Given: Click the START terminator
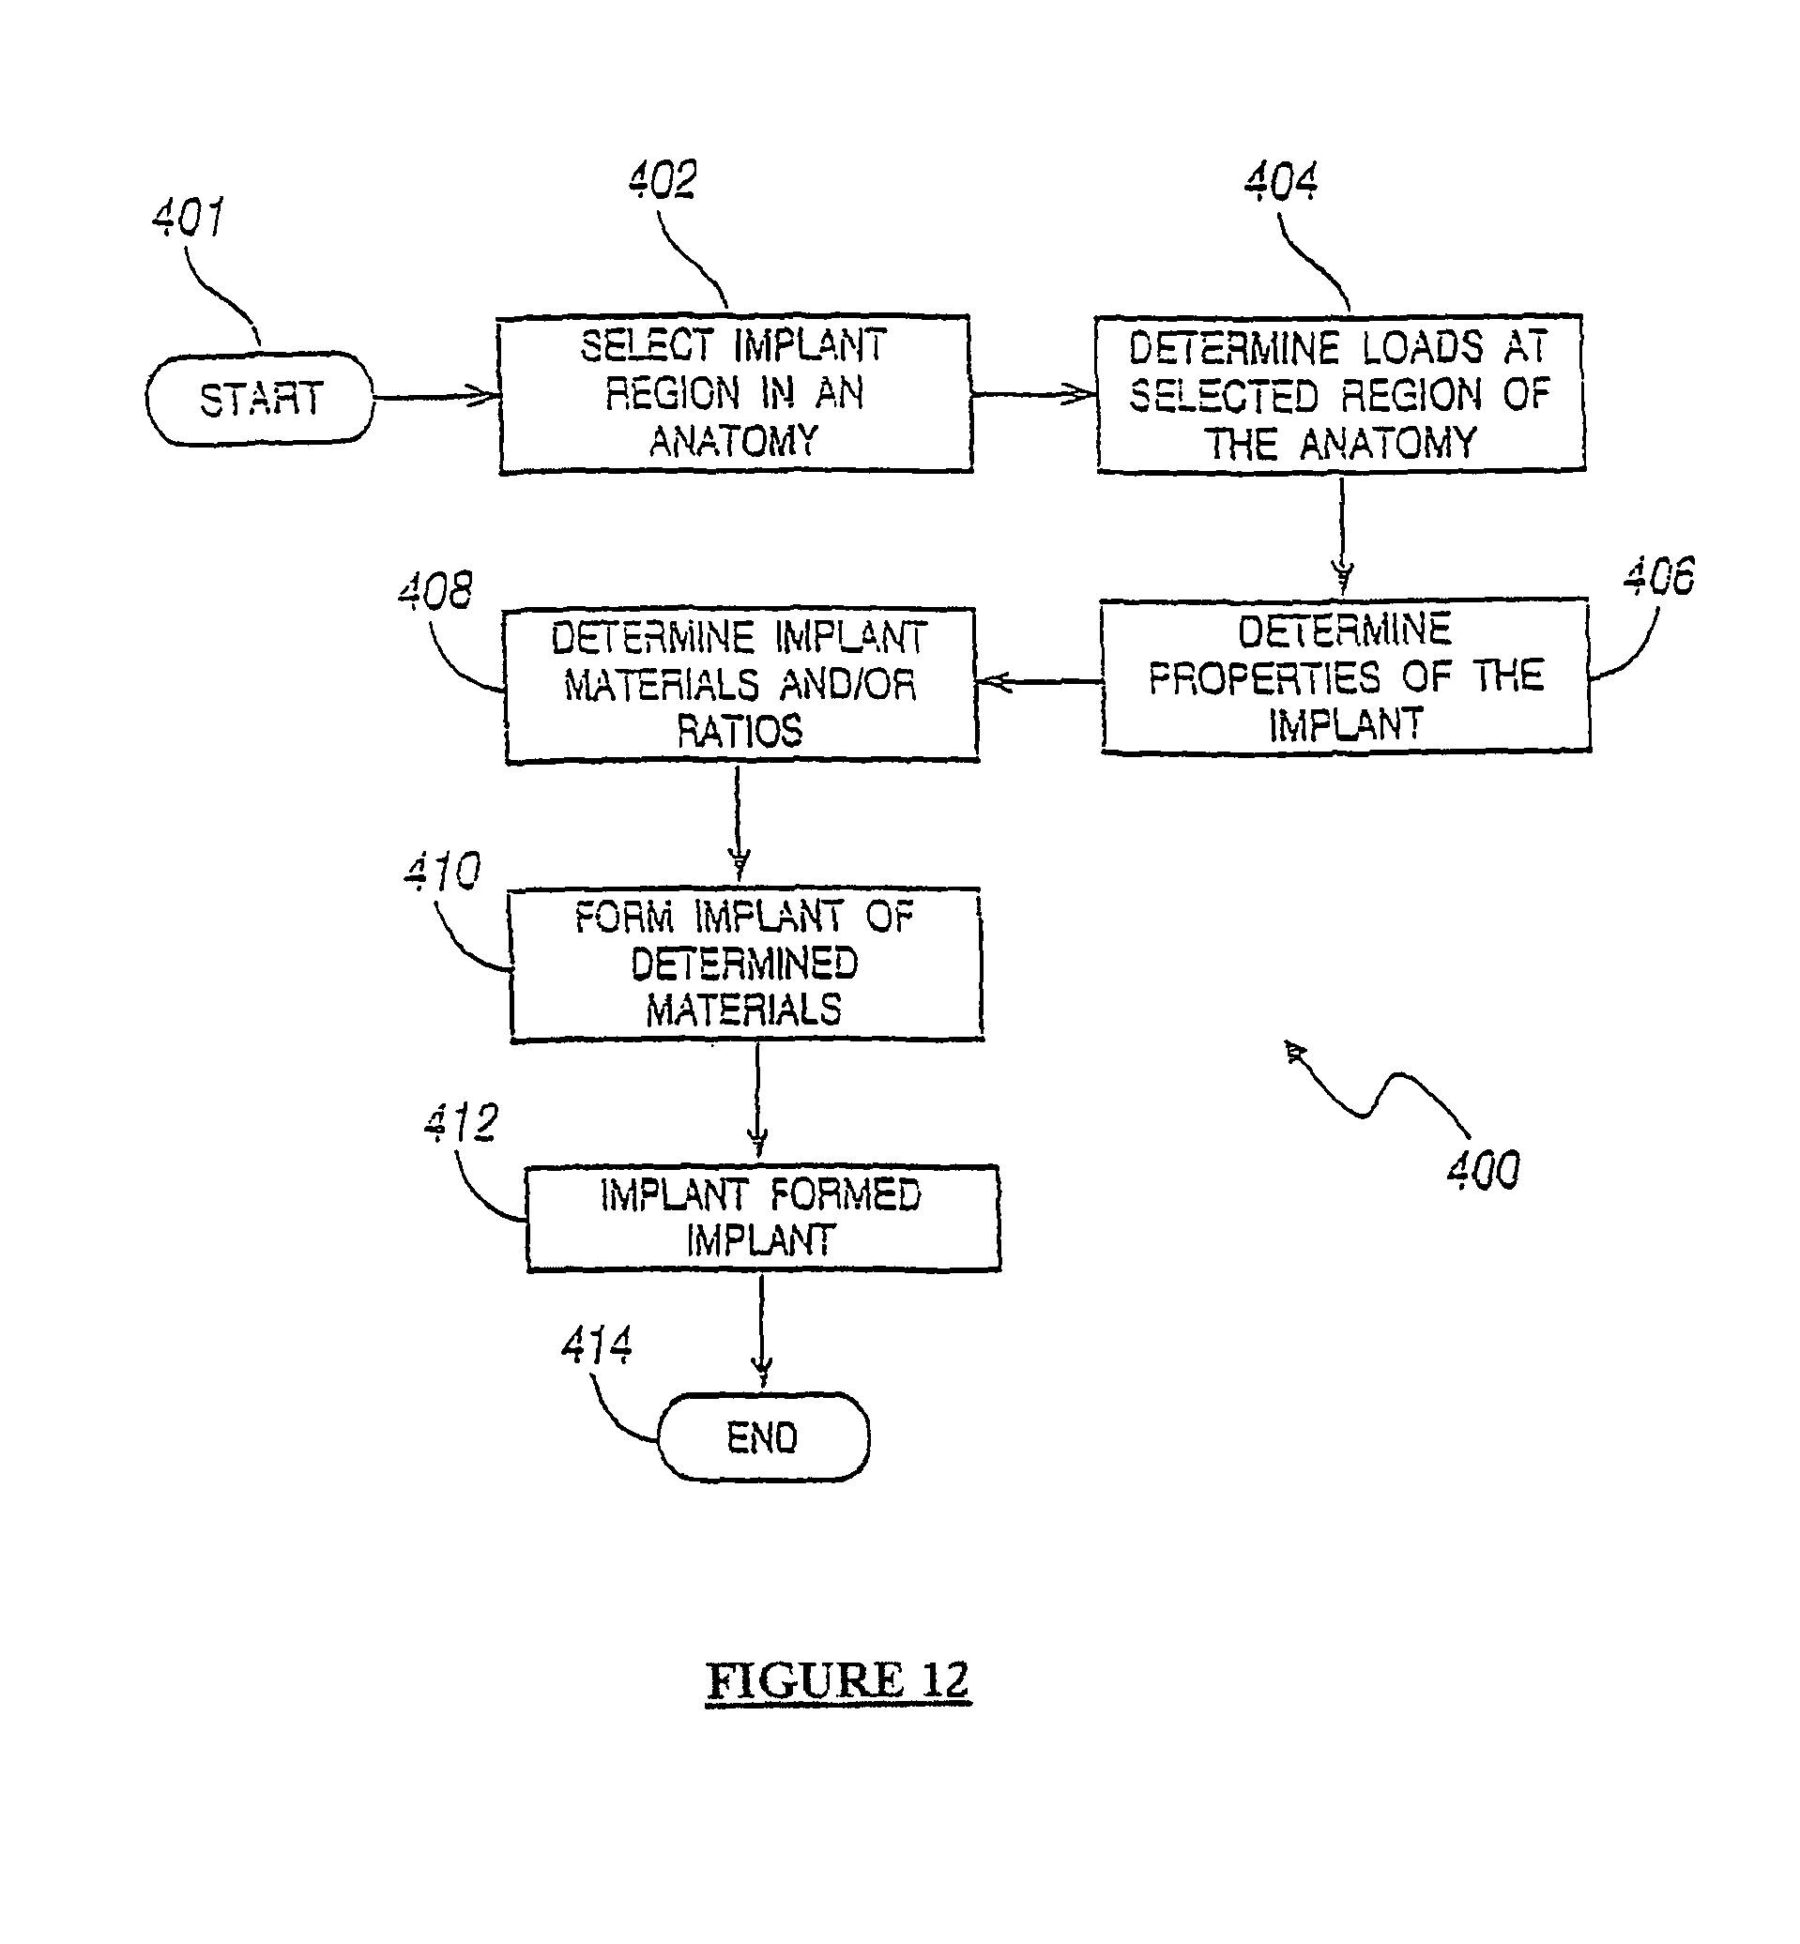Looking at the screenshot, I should pyautogui.click(x=260, y=400).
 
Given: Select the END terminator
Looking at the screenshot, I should pyautogui.click(x=763, y=1437).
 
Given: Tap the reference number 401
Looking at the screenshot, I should pyautogui.click(x=189, y=216).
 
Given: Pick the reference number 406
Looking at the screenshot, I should pyautogui.click(x=1659, y=576).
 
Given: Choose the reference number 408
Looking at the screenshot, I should pyautogui.click(x=435, y=590).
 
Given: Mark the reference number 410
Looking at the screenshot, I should pyautogui.click(x=442, y=871).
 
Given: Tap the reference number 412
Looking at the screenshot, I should pyautogui.click(x=462, y=1123).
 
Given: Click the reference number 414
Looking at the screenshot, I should pyautogui.click(x=597, y=1345).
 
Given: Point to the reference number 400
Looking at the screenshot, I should pyautogui.click(x=1483, y=1169).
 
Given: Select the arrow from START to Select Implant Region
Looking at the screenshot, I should pyautogui.click(x=436, y=396).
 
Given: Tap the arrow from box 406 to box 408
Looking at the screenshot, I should pyautogui.click(x=1038, y=682).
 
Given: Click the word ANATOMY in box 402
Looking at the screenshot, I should pyautogui.click(x=734, y=442).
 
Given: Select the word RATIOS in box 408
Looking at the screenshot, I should pyautogui.click(x=740, y=732).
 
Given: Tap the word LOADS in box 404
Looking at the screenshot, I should pyautogui.click(x=1422, y=348).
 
